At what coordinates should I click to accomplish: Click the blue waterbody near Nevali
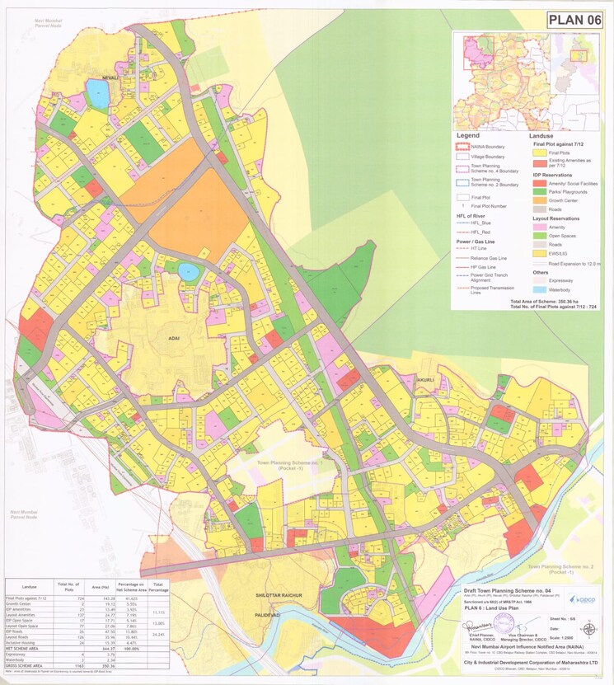(98, 96)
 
